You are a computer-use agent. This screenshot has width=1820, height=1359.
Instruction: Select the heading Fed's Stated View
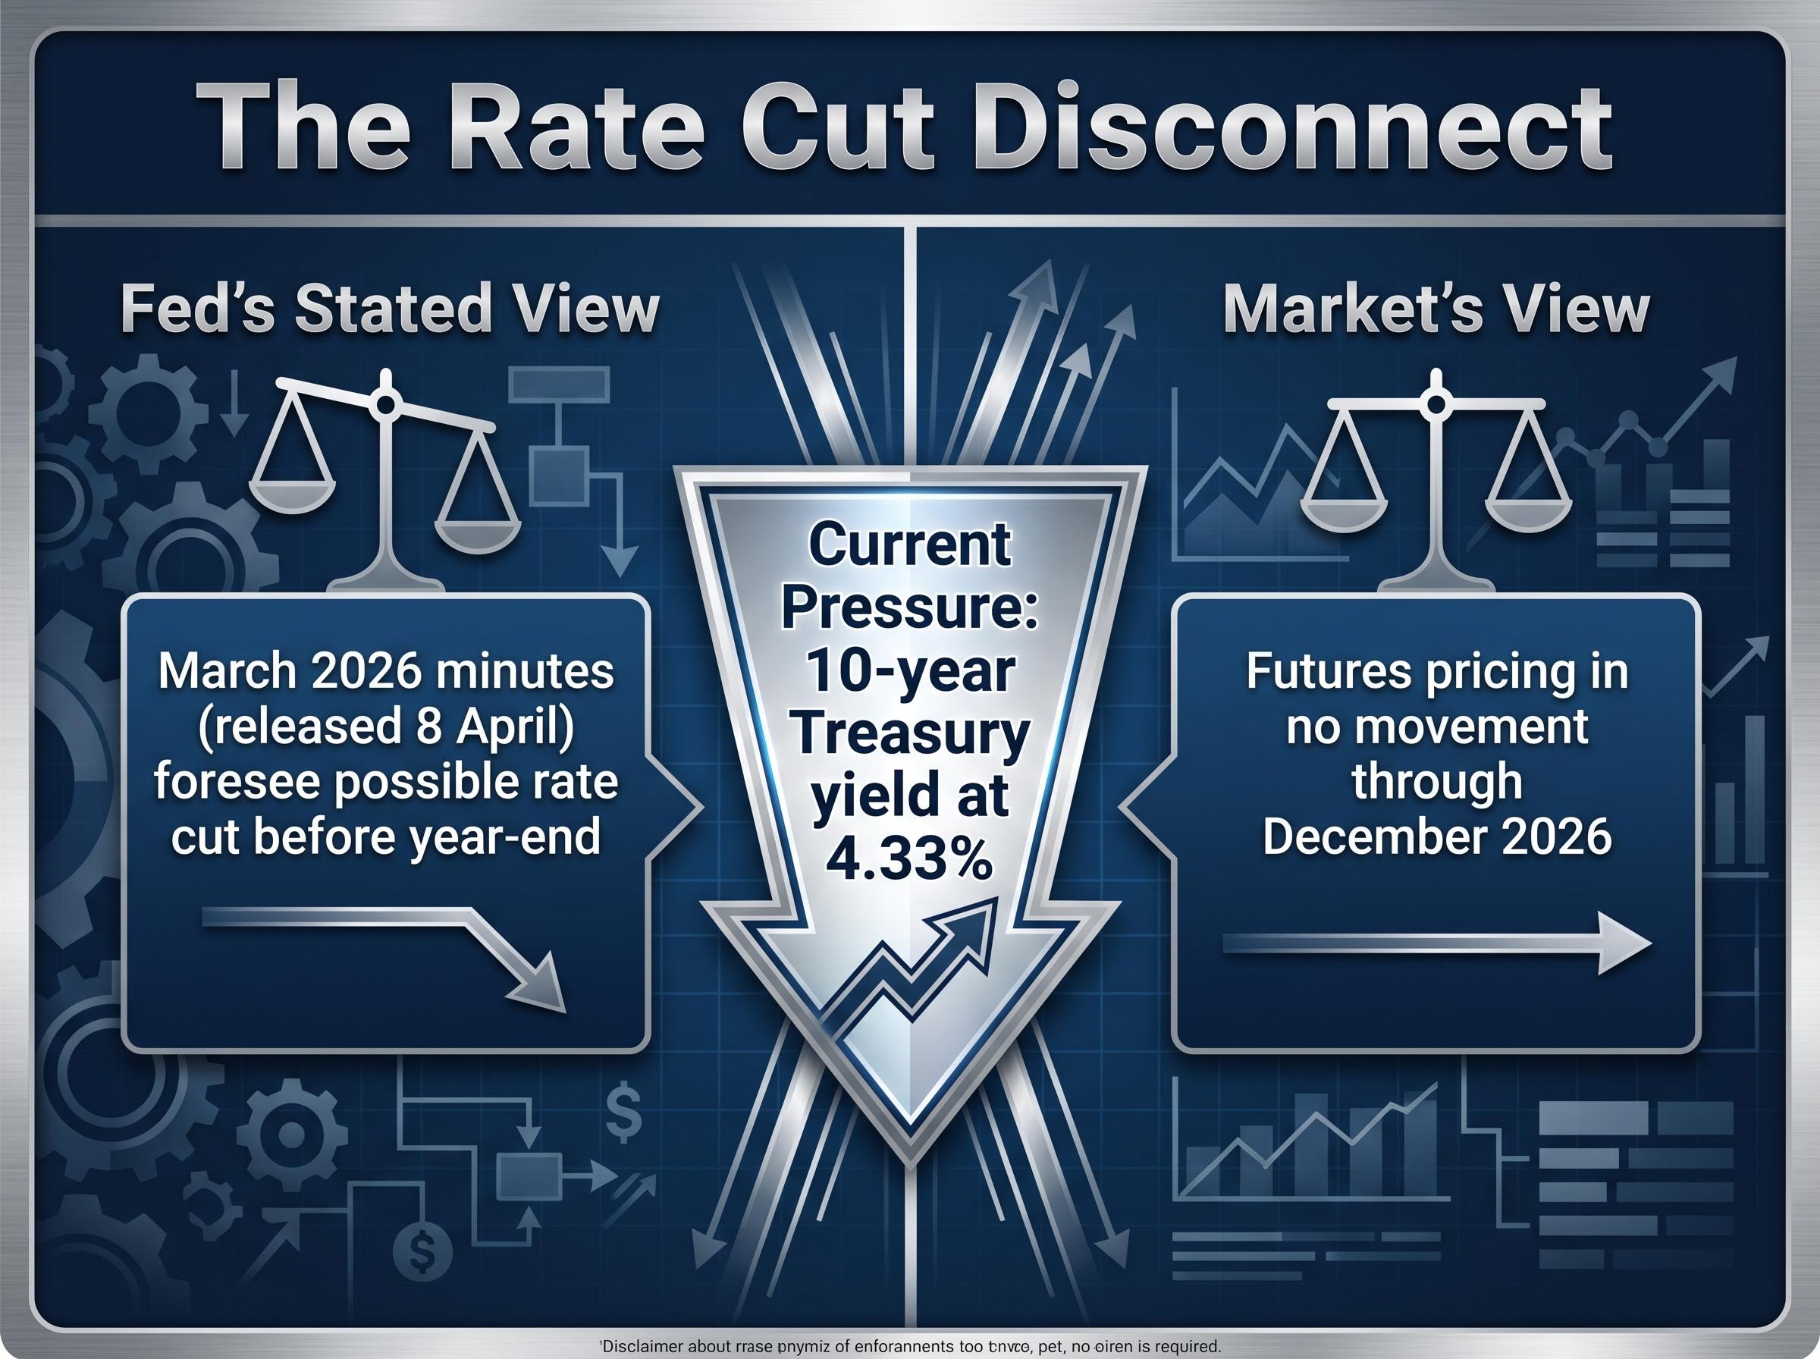pyautogui.click(x=390, y=309)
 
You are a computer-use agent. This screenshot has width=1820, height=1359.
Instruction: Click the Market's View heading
pyautogui.click(x=1436, y=309)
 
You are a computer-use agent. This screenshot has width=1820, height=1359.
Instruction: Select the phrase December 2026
pyautogui.click(x=1436, y=836)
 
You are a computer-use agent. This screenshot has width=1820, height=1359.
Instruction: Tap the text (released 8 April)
pyautogui.click(x=386, y=727)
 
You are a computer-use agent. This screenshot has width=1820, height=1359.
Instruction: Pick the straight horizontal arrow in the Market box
pyautogui.click(x=1436, y=943)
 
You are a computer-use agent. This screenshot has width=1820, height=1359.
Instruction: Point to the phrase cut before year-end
pyautogui.click(x=386, y=836)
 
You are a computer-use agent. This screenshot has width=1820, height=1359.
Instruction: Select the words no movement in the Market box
pyautogui.click(x=1436, y=727)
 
